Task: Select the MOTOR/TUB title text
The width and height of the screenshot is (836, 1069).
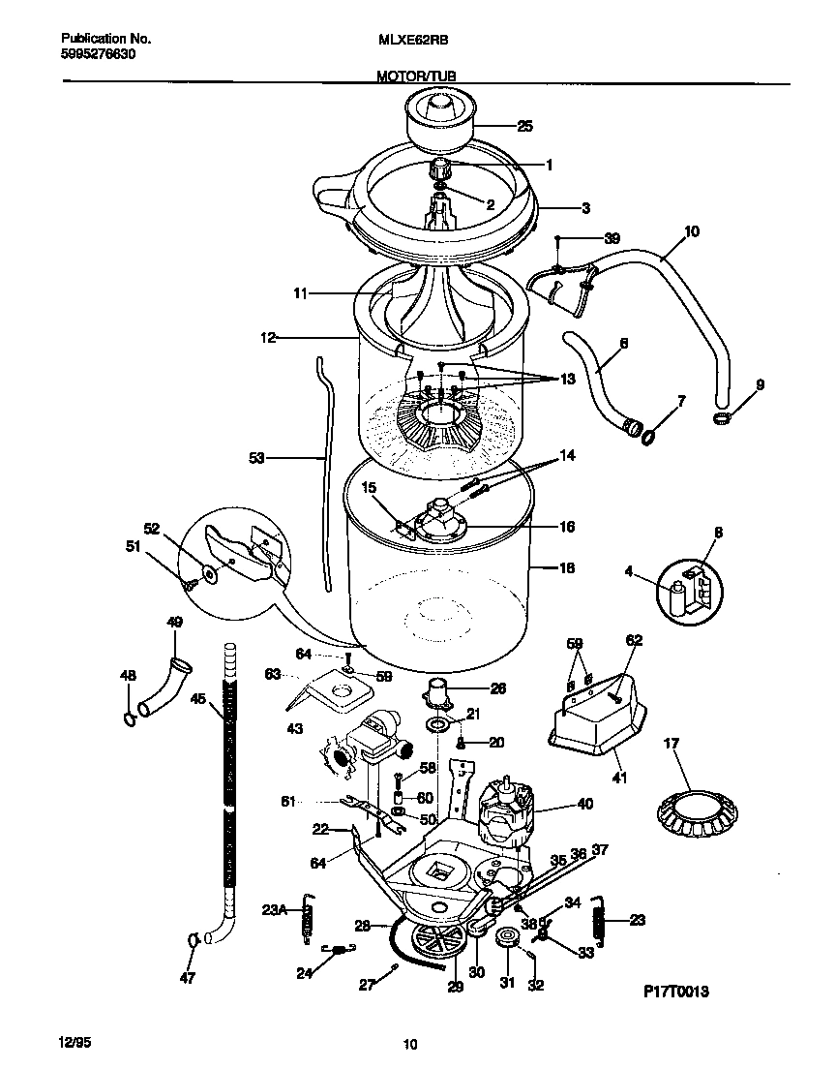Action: (x=417, y=75)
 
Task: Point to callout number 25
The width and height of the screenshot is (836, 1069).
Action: (x=524, y=126)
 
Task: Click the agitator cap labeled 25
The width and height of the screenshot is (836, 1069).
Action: (x=439, y=119)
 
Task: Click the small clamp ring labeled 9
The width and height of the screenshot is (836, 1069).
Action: (x=719, y=417)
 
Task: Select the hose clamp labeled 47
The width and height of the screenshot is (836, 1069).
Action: (x=193, y=938)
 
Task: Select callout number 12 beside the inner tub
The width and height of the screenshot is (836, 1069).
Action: (x=267, y=338)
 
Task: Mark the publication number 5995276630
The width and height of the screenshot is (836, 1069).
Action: (x=98, y=55)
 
